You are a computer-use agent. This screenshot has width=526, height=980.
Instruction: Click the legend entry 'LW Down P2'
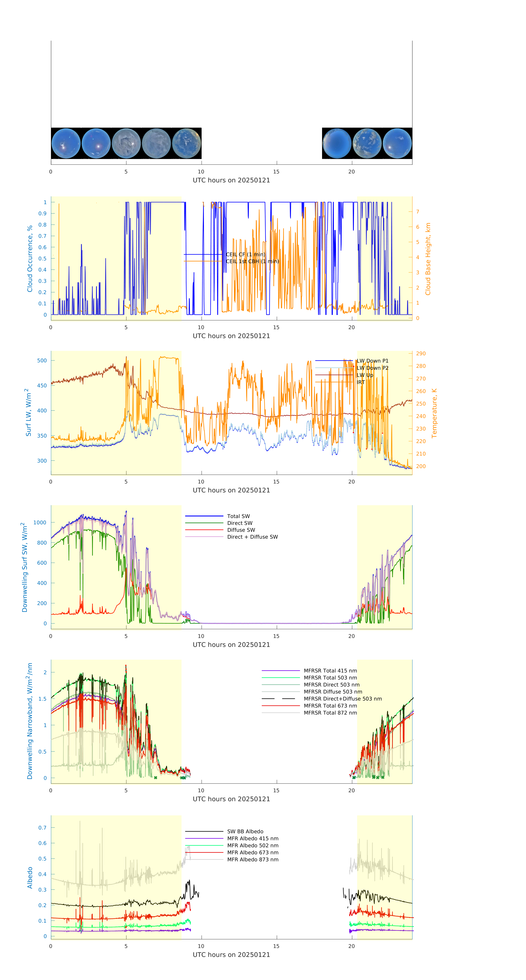coord(372,368)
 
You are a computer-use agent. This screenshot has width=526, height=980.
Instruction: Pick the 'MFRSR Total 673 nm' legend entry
coord(330,706)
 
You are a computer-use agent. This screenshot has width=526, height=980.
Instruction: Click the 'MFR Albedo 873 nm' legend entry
coord(252,859)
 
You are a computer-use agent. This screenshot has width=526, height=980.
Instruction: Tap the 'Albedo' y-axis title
coord(30,878)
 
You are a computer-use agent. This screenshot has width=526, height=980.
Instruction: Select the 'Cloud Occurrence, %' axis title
coord(30,259)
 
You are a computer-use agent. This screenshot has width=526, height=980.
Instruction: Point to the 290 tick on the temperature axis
coord(421,353)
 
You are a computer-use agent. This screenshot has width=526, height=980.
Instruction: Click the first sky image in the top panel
coord(66,143)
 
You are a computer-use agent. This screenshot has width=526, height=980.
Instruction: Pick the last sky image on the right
coord(397,143)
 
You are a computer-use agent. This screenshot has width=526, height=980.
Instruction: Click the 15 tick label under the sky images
coord(276,172)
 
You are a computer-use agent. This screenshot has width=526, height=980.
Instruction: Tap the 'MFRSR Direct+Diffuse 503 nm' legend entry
coord(342,699)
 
